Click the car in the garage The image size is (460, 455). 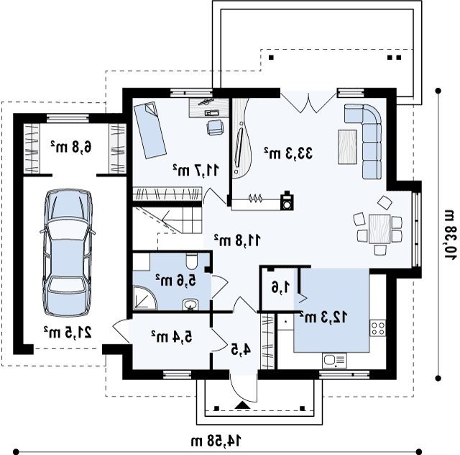68,253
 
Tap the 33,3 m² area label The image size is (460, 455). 288,153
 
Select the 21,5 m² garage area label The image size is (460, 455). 68,332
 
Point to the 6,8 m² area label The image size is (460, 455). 71,147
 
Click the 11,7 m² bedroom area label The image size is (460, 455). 195,170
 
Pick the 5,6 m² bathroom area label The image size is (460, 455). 175,280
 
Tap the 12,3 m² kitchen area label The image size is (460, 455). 323,317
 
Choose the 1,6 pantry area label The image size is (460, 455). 281,287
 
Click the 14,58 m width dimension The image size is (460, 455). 216,441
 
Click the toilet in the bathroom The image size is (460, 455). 193,261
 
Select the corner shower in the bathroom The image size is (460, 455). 145,297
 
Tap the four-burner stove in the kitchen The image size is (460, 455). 377,328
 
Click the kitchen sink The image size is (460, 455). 334,361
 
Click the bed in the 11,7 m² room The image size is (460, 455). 150,130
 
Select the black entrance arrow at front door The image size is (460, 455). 243,405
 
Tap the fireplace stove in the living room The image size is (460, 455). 287,200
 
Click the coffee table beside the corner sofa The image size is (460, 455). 347,147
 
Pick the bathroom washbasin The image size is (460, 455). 190,305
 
